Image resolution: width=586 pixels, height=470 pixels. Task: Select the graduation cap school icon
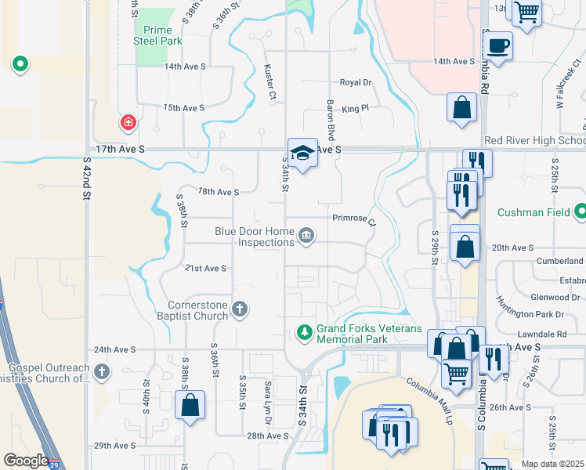[302, 154]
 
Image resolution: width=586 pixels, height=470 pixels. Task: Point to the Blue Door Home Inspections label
[255, 237]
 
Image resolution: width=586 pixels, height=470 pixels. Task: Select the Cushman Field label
[535, 212]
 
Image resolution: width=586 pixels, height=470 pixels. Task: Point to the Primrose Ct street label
[355, 220]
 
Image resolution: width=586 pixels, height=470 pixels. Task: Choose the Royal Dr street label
[355, 82]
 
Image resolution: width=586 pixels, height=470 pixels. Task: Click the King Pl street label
[355, 109]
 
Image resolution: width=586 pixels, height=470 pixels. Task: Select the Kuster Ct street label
[271, 82]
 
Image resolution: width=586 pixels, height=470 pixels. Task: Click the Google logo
[25, 461]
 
